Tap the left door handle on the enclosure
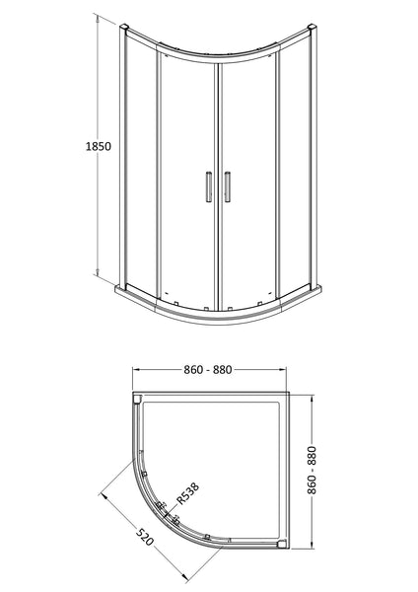208,186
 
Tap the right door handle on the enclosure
227,186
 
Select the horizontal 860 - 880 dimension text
212,370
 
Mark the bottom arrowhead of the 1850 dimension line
96,275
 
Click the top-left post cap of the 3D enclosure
123,24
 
